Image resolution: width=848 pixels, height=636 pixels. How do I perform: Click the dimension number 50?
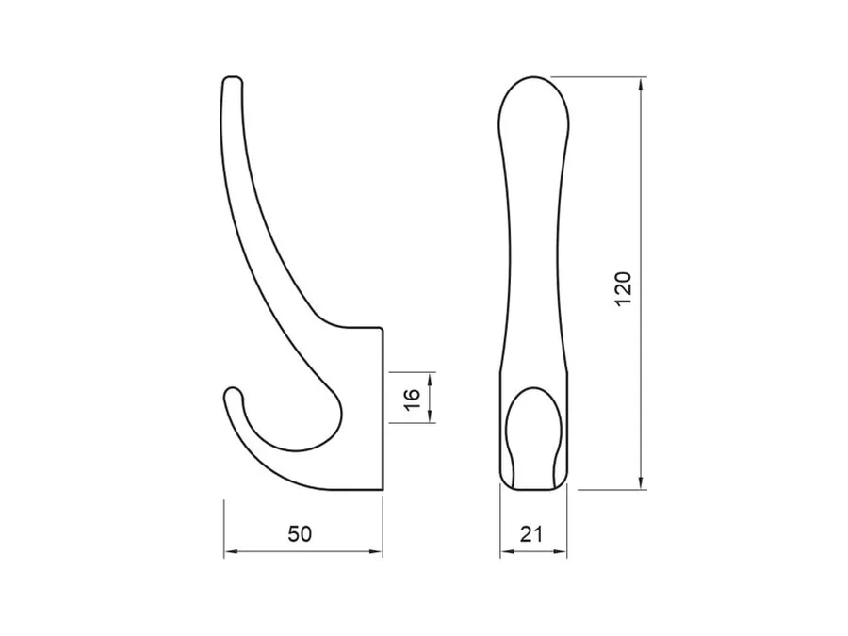[300, 534]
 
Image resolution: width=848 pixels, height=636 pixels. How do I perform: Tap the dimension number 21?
[531, 534]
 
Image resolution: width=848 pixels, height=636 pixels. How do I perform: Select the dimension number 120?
[623, 289]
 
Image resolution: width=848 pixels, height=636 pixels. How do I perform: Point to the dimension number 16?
[412, 400]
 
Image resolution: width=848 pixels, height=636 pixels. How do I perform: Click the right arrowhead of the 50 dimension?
[375, 551]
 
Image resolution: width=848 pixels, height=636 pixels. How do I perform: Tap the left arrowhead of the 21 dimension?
[507, 551]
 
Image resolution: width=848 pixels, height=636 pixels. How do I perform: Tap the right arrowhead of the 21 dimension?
[560, 551]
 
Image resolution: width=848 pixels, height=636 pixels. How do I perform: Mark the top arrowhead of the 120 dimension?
[641, 85]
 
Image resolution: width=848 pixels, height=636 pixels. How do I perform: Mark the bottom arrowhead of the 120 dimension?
[641, 482]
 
